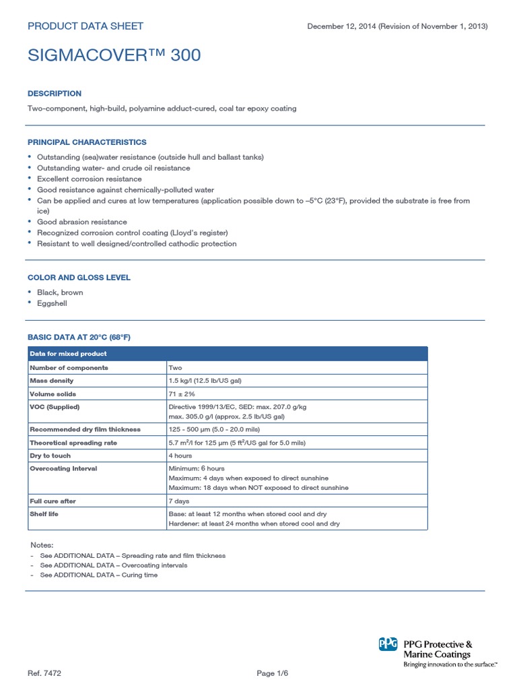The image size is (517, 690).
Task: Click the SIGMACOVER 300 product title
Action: tap(114, 55)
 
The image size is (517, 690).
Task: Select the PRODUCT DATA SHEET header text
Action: tap(85, 26)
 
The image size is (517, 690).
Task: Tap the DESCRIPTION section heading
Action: tap(54, 94)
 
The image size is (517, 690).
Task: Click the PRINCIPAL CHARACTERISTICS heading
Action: tap(86, 142)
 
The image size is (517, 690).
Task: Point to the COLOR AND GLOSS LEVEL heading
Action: tap(79, 278)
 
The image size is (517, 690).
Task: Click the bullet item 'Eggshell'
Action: tap(52, 303)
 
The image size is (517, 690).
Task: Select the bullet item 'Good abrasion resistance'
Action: tap(81, 222)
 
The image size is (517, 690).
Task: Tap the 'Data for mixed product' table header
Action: tap(67, 354)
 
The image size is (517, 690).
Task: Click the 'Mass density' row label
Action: tap(51, 381)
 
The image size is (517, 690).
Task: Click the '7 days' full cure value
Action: tap(178, 501)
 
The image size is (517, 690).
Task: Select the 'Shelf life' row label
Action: tap(45, 515)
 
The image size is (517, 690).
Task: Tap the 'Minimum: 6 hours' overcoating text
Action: tap(197, 468)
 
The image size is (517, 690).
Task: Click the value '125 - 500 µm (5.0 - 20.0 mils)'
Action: tap(213, 429)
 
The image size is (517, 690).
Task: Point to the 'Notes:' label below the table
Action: tap(42, 544)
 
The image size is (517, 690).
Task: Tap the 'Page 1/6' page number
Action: tap(273, 673)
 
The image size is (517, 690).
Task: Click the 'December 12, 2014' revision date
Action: tap(340, 26)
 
